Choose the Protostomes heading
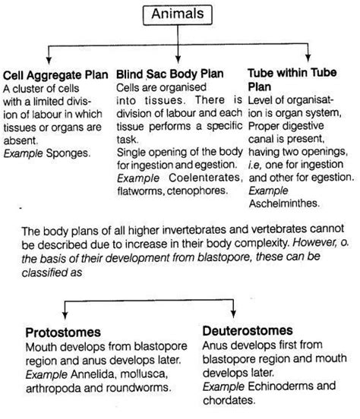[64, 331]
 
